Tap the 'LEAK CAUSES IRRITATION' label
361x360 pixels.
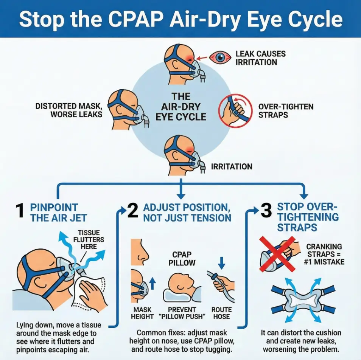point(260,58)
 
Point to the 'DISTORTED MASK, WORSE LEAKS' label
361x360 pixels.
point(69,110)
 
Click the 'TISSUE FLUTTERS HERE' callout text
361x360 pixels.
point(91,239)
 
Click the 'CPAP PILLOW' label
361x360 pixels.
point(182,258)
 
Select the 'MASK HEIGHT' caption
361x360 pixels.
point(142,312)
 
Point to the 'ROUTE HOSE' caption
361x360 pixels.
point(221,312)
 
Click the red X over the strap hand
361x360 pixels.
point(277,254)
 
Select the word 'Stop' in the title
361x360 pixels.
point(40,19)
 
